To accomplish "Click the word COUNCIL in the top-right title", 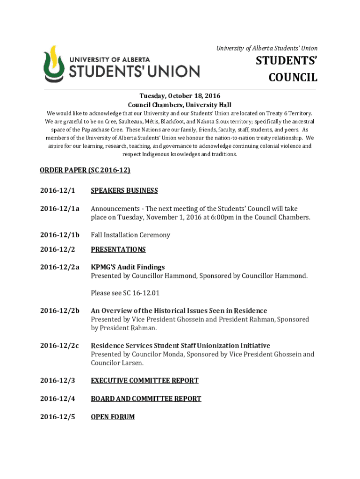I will click(293, 78).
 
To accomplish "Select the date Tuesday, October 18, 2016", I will click(180, 96).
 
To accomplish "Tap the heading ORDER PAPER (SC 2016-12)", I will click(85, 170).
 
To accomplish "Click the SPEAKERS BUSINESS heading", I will click(124, 190).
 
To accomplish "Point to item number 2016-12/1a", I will click(60, 209).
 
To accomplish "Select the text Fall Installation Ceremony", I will click(130, 235).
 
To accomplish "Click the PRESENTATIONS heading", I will click(118, 249).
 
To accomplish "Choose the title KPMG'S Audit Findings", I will click(128, 267).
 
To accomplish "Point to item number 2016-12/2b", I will click(60, 311).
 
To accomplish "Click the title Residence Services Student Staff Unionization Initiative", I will click(180, 346).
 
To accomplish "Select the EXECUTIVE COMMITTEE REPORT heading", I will click(144, 381).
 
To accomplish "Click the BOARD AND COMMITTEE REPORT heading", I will click(146, 399).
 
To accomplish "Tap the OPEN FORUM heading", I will click(113, 416).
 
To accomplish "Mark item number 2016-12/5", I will click(58, 416).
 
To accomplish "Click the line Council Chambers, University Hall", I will click(180, 105).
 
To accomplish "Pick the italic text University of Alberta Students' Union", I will click(266, 48).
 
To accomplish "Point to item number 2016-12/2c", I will click(60, 346).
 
